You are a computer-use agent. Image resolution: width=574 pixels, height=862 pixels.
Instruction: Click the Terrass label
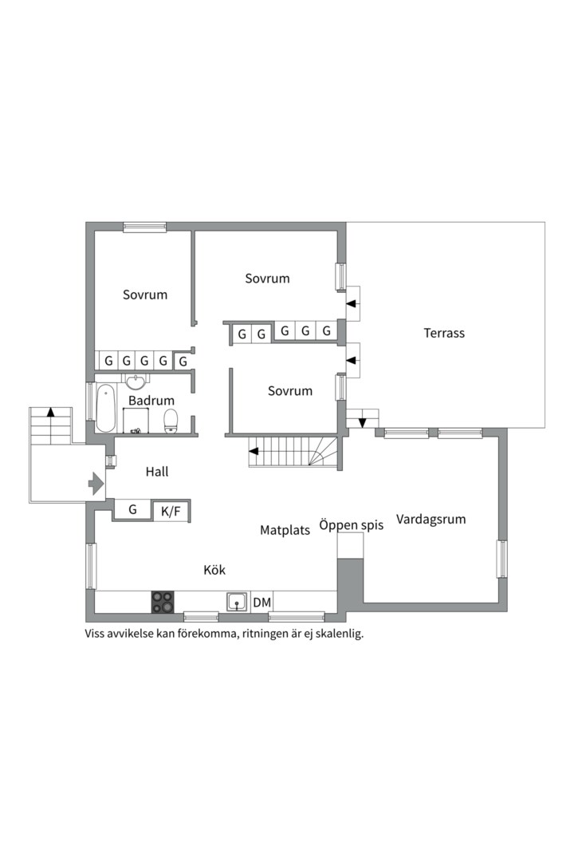(444, 333)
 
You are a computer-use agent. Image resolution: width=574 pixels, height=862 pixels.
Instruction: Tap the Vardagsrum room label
(431, 519)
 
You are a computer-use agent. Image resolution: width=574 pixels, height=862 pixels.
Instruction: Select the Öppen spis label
(352, 525)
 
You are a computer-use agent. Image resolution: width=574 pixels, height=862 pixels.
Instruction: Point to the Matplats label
(285, 530)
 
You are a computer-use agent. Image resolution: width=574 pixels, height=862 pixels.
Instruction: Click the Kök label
(214, 570)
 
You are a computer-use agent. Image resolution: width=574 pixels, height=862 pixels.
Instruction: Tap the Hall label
(157, 472)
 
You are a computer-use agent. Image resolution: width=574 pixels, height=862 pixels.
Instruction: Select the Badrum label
(151, 401)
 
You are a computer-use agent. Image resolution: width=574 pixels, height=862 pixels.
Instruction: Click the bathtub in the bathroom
(106, 409)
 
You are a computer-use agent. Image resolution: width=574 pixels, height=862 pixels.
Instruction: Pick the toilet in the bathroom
(170, 421)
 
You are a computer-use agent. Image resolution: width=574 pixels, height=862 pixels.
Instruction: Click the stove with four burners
(163, 601)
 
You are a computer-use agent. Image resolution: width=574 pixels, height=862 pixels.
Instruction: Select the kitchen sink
(237, 601)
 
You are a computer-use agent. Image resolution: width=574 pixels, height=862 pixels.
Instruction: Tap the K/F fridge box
(171, 511)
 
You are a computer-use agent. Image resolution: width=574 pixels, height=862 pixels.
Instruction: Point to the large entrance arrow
(95, 483)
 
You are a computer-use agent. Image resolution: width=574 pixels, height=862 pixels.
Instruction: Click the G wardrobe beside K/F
(132, 509)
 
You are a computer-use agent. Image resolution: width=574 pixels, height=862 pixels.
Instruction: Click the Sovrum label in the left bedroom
(145, 295)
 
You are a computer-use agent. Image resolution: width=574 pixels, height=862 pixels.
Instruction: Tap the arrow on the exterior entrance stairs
(51, 413)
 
